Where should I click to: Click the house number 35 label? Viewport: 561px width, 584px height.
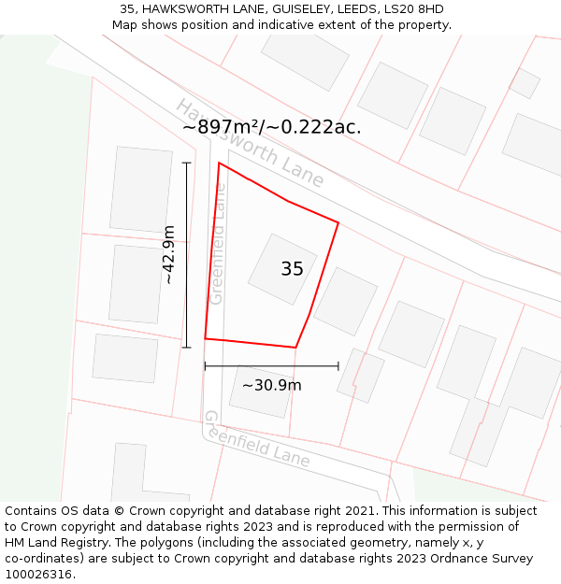click(x=292, y=269)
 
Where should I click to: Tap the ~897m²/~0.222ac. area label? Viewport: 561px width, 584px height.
click(x=271, y=127)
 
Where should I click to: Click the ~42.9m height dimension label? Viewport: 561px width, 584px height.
click(x=169, y=254)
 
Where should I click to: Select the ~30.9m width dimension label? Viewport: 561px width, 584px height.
click(x=271, y=385)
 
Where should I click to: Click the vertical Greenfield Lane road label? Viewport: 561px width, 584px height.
click(x=218, y=243)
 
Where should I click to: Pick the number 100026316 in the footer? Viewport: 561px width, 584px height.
click(x=38, y=575)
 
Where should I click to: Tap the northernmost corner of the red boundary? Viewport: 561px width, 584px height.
click(x=219, y=164)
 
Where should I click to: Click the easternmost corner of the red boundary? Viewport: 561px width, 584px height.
click(x=338, y=222)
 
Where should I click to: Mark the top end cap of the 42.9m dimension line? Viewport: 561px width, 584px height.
click(x=186, y=163)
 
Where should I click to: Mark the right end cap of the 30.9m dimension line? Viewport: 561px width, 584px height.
click(x=338, y=366)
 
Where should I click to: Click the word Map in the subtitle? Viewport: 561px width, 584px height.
click(x=125, y=25)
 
